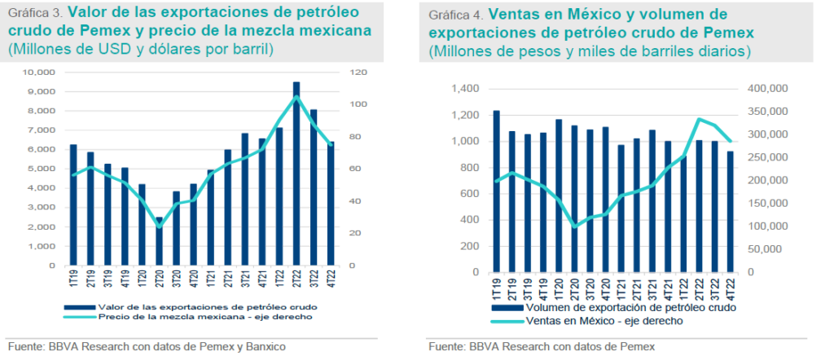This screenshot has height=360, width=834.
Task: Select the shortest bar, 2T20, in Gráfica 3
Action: click(160, 241)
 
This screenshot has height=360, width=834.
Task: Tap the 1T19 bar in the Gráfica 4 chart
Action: click(496, 191)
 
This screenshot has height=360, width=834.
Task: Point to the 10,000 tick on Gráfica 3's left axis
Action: click(39, 72)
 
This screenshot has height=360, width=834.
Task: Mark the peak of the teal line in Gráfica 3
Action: click(296, 97)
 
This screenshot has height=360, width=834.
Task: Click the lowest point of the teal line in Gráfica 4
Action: click(575, 226)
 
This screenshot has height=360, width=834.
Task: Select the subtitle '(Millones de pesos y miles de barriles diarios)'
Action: click(590, 51)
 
